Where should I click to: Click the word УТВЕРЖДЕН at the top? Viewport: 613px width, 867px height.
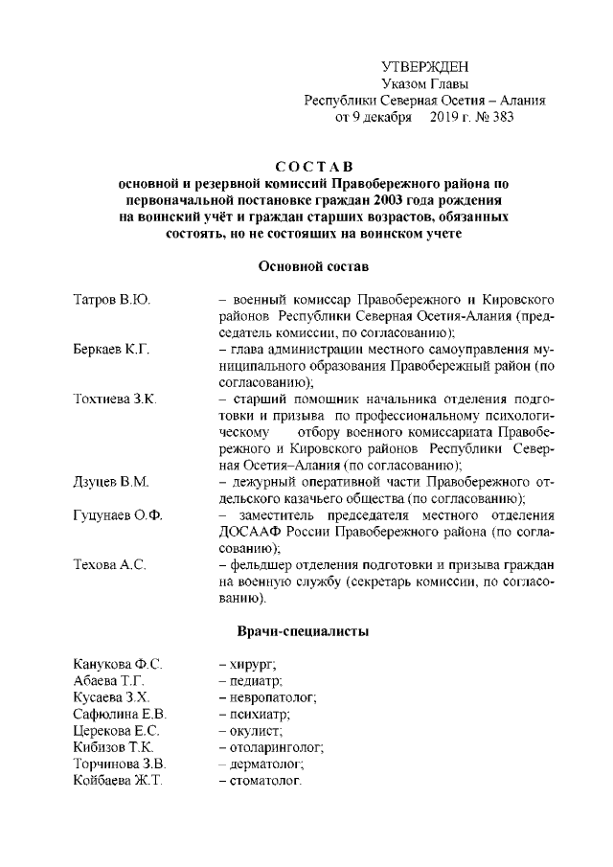(425, 66)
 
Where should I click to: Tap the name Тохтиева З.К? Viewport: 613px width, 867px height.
(115, 399)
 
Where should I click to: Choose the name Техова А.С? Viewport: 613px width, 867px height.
(109, 566)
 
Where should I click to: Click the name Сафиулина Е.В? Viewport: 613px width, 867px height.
(121, 714)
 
